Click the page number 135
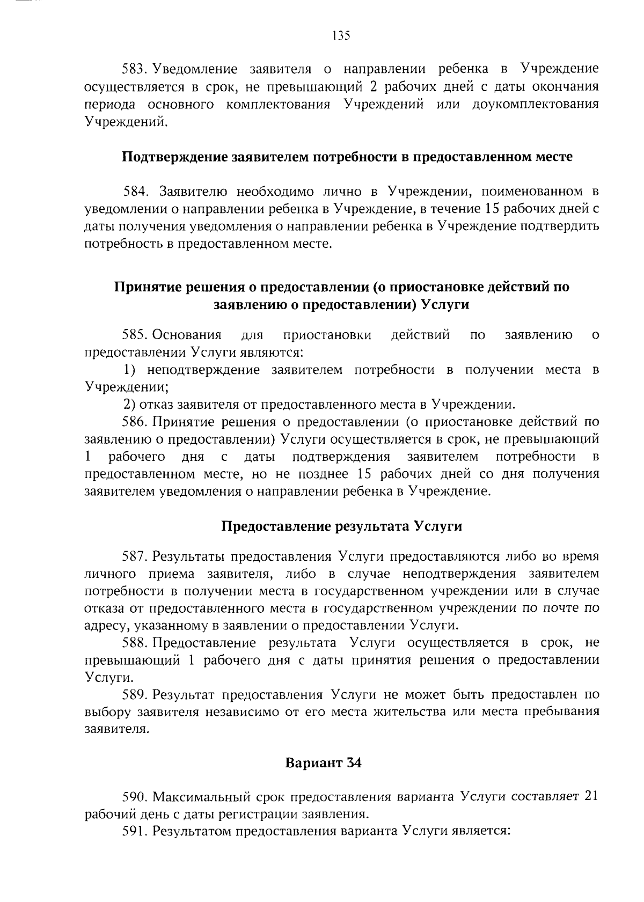341,35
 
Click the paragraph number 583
135,69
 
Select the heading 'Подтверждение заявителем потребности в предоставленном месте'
347,157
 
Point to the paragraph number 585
135,335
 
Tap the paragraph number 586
135,422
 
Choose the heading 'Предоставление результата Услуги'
342,526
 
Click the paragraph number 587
135,556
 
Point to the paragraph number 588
135,643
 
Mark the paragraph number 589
135,695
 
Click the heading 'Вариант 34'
323,762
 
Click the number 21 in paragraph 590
591,796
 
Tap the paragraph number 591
135,831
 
